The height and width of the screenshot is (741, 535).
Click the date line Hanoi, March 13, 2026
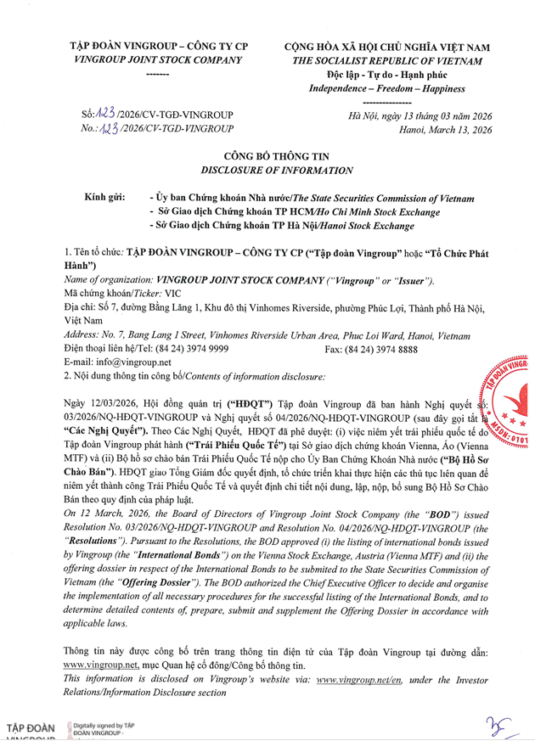pos(445,130)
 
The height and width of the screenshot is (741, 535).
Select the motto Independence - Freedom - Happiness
pos(386,88)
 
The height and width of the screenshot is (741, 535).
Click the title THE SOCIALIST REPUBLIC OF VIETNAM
pos(386,61)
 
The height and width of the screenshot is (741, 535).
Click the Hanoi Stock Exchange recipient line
pos(281,226)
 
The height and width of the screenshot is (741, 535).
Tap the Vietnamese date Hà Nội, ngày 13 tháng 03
pos(420,116)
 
